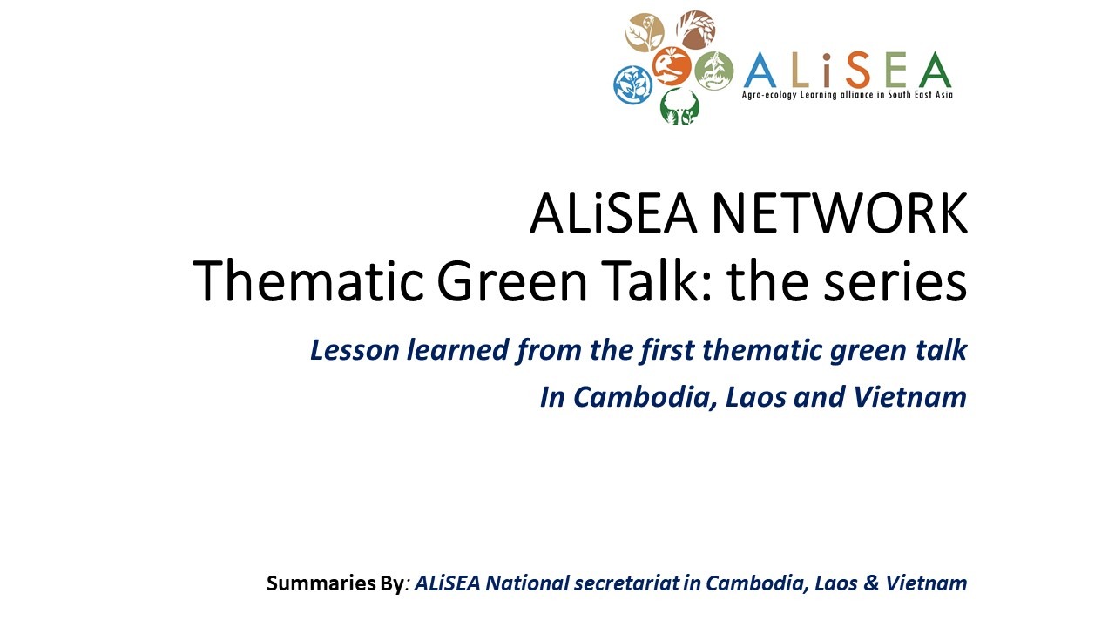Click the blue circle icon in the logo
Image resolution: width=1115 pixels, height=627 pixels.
pos(632,85)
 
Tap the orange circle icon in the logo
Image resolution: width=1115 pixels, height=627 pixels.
pos(672,66)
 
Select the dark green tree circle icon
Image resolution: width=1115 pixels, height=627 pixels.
pos(679,106)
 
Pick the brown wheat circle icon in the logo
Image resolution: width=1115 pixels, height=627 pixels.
pos(696,30)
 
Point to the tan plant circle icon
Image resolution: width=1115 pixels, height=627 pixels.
pos(645,33)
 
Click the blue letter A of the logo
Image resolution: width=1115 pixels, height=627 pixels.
pos(760,70)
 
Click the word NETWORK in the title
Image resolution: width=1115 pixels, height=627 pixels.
pos(840,213)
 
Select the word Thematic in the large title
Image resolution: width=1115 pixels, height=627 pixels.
pos(308,281)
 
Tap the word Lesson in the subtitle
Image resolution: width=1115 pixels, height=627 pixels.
pos(355,350)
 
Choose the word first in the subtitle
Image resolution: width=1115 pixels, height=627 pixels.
pos(667,350)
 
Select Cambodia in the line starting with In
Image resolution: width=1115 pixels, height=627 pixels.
pos(645,398)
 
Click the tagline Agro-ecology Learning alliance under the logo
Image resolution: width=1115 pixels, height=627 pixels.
pos(808,95)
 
